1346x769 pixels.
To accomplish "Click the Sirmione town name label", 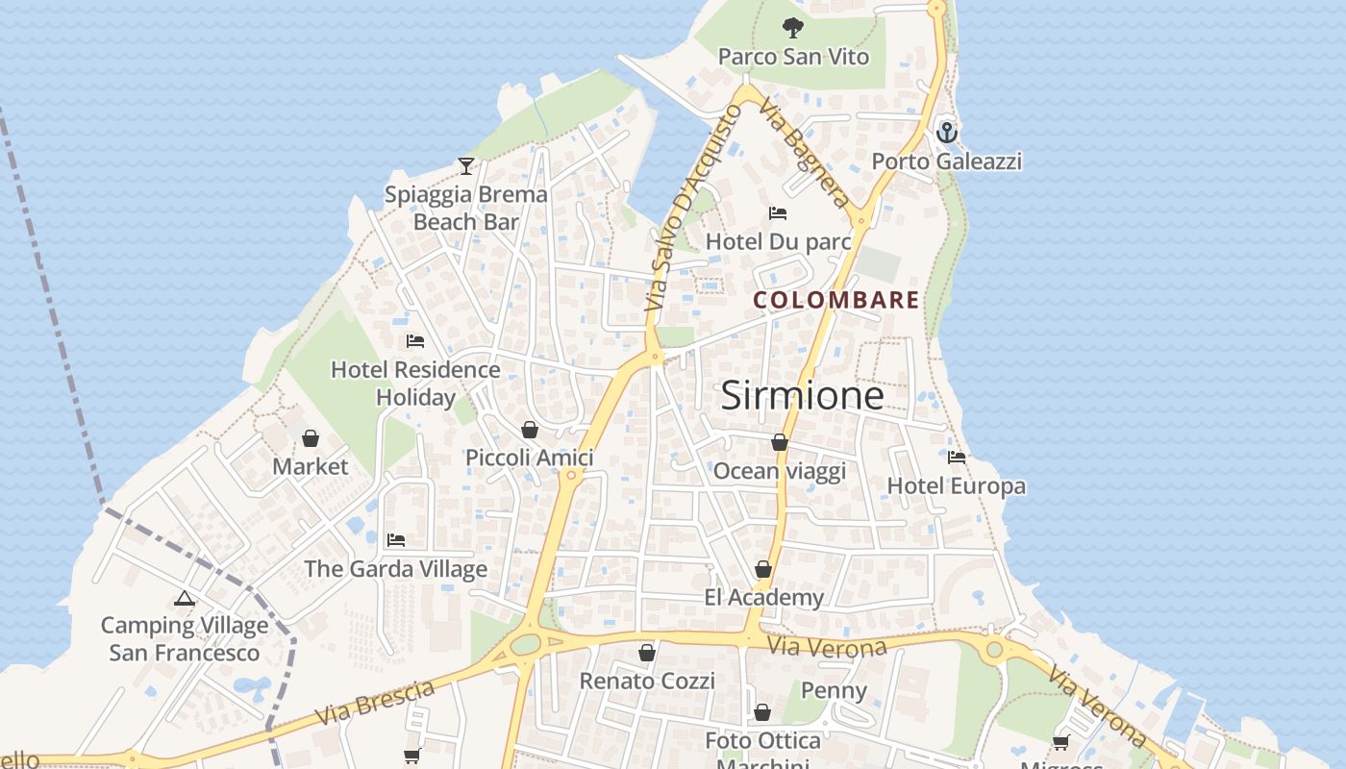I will pos(802,395).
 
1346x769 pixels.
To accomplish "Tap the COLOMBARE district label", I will pos(835,300).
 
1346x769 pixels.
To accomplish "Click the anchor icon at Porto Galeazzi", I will pos(947,132).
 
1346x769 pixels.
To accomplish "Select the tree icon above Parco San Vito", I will pos(793,28).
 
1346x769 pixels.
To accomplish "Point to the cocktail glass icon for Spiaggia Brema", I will pos(466,166).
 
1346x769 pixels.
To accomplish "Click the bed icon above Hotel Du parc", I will pos(778,212).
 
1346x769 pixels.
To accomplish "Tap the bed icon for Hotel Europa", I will pos(957,458).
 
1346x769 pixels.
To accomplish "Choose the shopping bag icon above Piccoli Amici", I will pos(530,430).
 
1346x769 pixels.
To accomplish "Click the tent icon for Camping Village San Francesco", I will pos(185,598).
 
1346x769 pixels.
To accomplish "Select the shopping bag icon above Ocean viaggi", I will pos(780,442).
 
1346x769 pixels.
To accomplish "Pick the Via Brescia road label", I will pos(375,704).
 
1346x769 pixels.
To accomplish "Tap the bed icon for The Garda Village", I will pos(396,540).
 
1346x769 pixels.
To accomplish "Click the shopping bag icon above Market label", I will pos(311,438).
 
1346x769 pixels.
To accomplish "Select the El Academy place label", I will pos(763,598).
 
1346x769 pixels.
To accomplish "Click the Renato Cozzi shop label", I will pos(647,682).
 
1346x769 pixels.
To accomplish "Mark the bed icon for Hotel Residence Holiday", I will pos(415,341).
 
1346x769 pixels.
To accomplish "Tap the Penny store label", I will pos(834,690).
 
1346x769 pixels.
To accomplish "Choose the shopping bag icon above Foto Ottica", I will pos(762,712).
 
